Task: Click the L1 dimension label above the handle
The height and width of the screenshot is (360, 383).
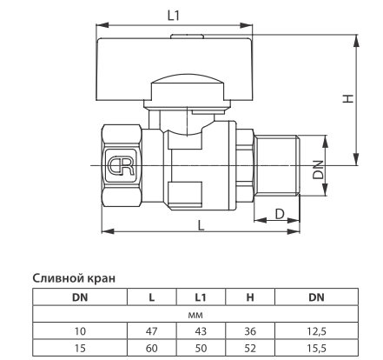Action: pyautogui.click(x=174, y=16)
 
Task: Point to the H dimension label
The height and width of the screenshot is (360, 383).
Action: pyautogui.click(x=348, y=98)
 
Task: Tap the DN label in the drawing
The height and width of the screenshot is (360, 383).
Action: pyautogui.click(x=319, y=170)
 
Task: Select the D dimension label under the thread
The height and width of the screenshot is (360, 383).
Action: pyautogui.click(x=280, y=214)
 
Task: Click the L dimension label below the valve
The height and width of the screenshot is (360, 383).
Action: pyautogui.click(x=201, y=225)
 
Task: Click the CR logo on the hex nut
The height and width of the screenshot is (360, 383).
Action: pyautogui.click(x=121, y=166)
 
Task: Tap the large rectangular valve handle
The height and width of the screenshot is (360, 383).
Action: pyautogui.click(x=175, y=70)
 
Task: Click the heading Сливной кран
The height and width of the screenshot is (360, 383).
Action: pyautogui.click(x=74, y=278)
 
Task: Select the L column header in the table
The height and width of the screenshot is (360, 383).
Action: pyautogui.click(x=152, y=297)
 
